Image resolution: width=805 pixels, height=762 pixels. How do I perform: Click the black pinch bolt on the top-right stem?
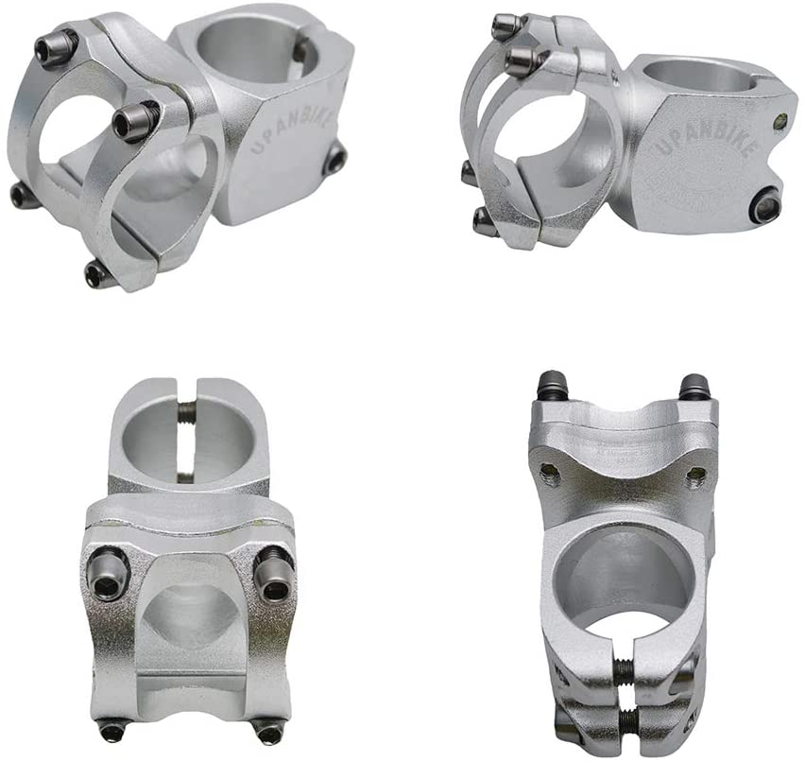(766, 203)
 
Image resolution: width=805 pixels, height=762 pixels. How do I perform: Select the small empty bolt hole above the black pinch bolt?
(780, 121)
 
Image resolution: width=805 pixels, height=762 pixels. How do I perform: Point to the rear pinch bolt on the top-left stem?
(334, 160)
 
